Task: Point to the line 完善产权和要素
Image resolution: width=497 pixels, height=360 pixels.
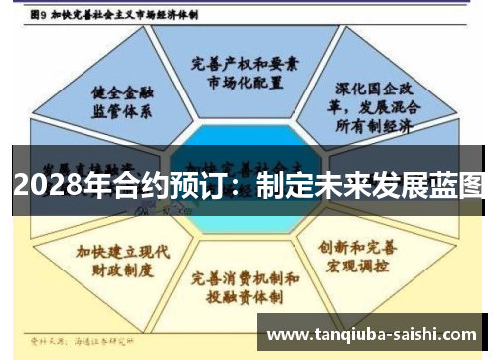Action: coord(245,62)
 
